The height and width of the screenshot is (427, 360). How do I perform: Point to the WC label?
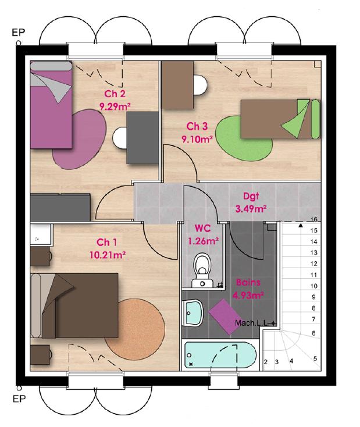(x=203, y=229)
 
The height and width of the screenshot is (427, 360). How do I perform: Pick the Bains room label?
(x=248, y=283)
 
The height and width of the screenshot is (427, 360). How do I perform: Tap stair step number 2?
(x=265, y=362)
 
